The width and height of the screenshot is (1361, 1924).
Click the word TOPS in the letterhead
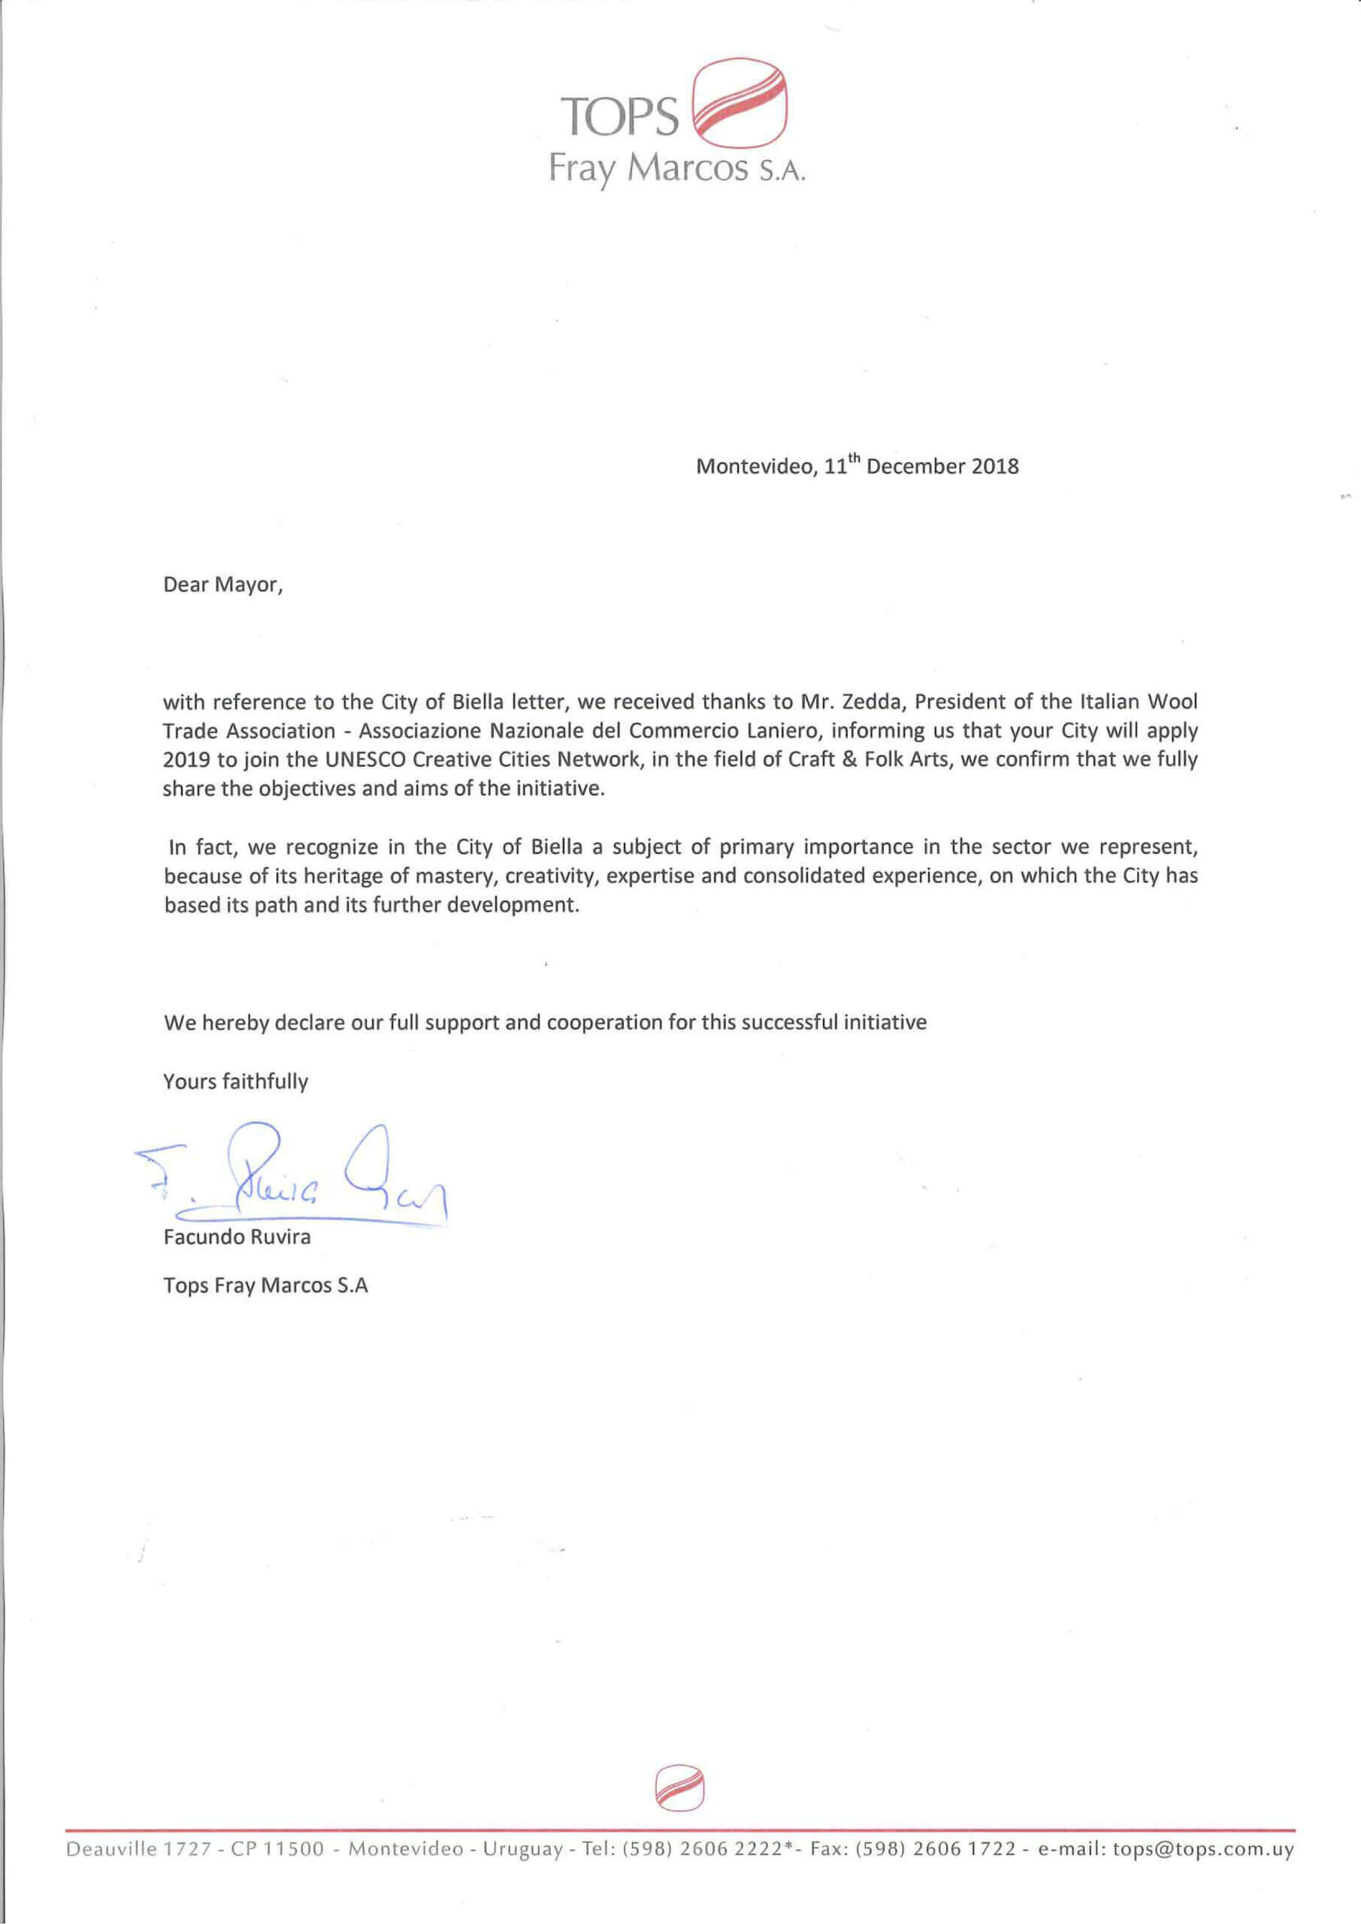click(x=619, y=116)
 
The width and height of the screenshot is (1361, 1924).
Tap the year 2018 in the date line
click(x=995, y=466)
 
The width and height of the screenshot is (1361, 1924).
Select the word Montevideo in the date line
click(x=754, y=466)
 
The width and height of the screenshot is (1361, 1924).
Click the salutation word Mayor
click(x=249, y=585)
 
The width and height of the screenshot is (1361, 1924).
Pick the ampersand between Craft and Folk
click(x=851, y=760)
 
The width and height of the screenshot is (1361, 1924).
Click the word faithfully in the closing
click(x=266, y=1081)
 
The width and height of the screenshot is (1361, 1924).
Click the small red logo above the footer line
click(x=679, y=1788)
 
